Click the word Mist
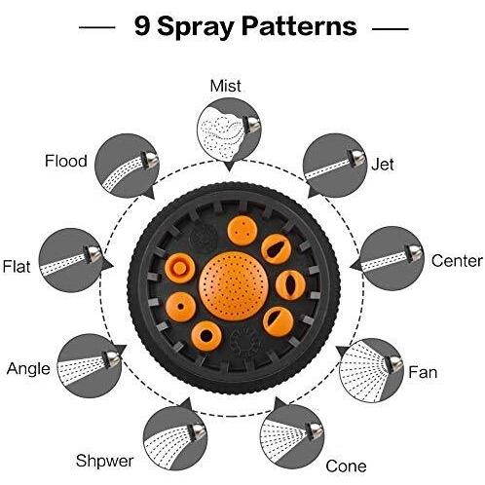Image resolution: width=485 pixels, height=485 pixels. (225, 86)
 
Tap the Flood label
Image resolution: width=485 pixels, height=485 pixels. (66, 161)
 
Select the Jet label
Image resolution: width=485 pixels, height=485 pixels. (383, 165)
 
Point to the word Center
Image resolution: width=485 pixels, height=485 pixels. (457, 261)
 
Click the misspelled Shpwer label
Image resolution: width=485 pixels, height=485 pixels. (104, 461)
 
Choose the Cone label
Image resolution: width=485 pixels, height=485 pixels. (346, 466)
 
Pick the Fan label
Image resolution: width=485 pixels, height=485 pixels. (423, 372)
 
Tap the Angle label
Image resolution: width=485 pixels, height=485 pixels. (28, 369)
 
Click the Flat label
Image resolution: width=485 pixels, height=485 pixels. (17, 267)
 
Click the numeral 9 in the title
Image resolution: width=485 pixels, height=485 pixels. (142, 26)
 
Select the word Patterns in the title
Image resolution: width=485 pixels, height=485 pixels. (299, 26)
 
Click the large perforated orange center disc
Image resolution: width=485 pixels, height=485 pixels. (234, 286)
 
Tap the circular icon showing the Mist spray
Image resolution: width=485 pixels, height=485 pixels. (229, 130)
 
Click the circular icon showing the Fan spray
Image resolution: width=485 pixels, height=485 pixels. (371, 370)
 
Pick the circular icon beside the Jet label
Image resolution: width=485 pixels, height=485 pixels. (335, 166)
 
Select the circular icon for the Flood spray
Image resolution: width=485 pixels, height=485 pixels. (127, 166)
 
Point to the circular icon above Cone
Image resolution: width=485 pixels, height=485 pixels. (292, 436)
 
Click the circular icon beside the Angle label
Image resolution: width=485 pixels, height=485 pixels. (90, 366)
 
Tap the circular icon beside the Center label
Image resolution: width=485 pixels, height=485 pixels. (392, 258)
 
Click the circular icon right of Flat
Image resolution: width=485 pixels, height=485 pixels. (71, 260)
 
